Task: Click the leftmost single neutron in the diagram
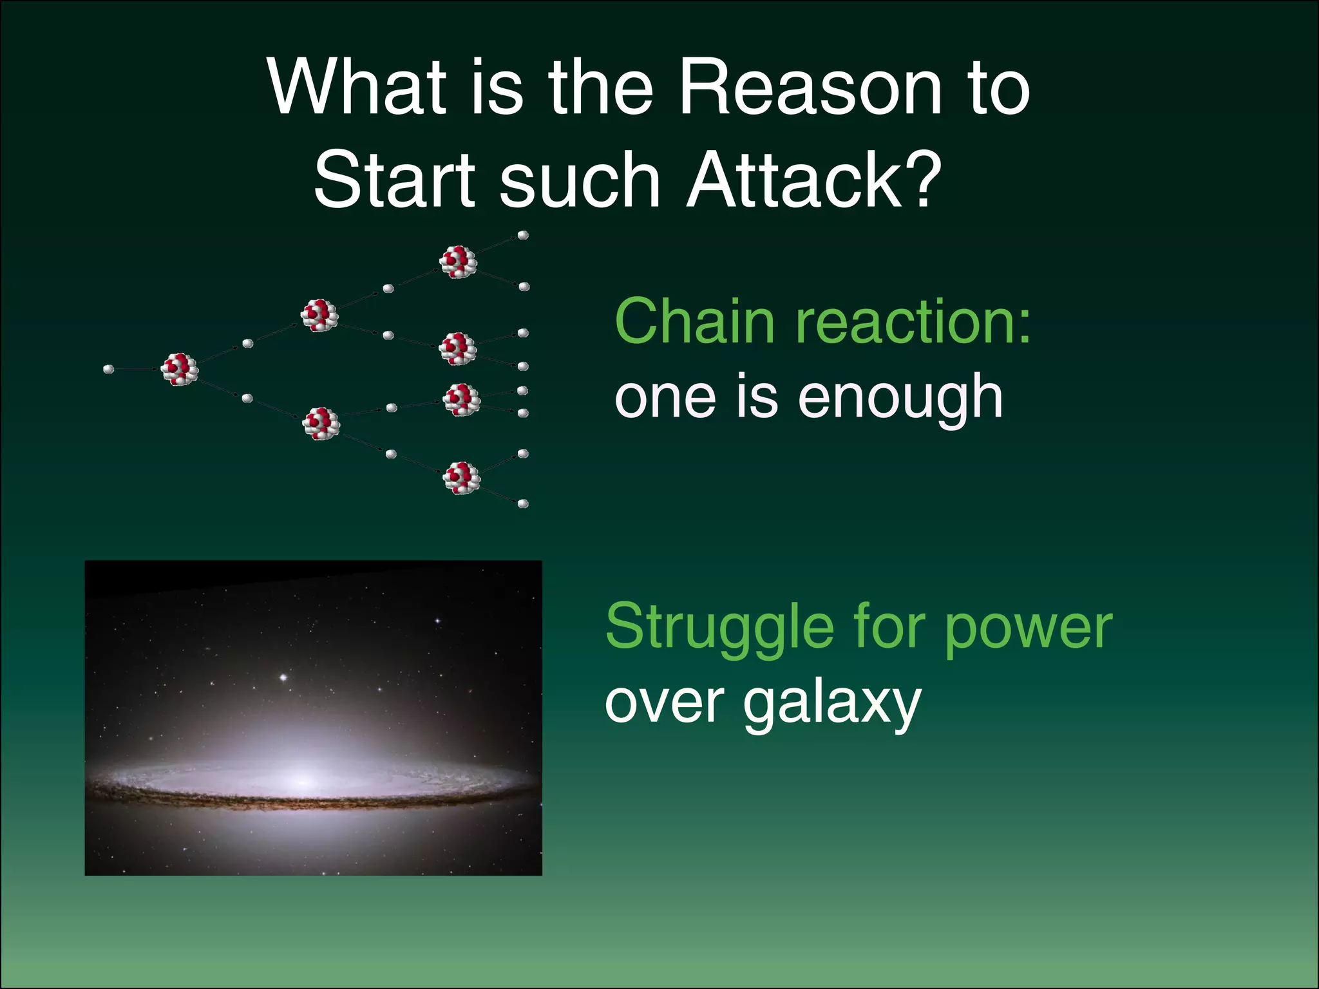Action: tap(109, 369)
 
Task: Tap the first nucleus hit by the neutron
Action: tap(179, 369)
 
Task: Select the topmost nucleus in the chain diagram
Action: tap(458, 261)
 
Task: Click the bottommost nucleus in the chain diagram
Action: tap(462, 478)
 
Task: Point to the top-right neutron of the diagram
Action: tap(523, 236)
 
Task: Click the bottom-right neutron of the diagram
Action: tap(523, 504)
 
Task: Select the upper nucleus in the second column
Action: tap(319, 316)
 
